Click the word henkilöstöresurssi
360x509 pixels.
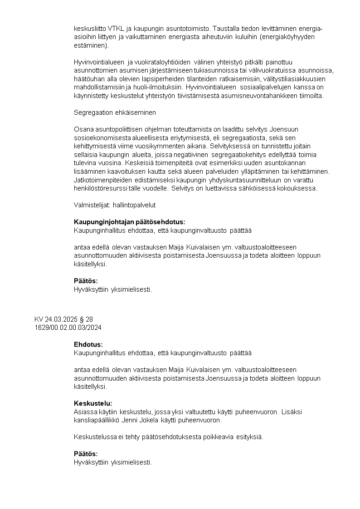101,188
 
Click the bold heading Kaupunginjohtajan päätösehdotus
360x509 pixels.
129,222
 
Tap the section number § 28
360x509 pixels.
86,319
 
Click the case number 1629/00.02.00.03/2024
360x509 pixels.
67,327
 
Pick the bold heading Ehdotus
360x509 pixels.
88,344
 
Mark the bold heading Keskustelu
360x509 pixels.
93,403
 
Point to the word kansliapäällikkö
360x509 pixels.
94,420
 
